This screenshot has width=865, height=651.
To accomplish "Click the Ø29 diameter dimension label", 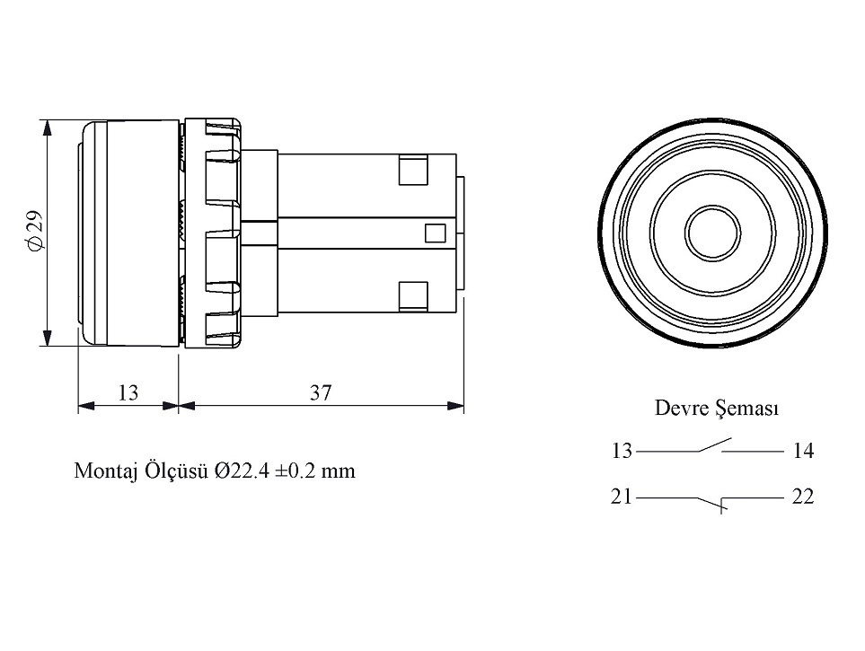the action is (34, 231).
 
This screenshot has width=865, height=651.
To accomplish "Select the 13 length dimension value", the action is (128, 392).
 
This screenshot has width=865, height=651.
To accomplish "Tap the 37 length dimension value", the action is (321, 392).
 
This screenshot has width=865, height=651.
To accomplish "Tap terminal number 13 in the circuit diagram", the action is (622, 452).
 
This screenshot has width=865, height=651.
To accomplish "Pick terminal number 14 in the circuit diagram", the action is (803, 452).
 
